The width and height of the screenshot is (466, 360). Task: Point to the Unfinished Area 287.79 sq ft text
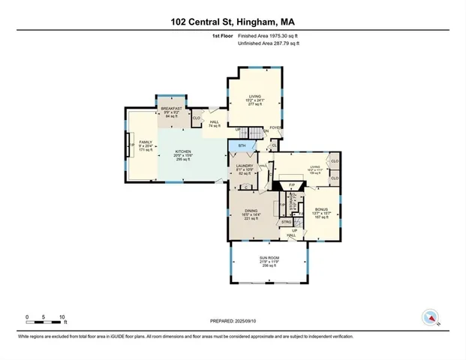click(x=269, y=44)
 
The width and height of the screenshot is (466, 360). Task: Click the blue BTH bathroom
click(x=242, y=145)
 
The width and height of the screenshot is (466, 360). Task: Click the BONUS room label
click(x=321, y=209)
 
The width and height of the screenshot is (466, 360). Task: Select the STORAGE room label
click(x=294, y=201)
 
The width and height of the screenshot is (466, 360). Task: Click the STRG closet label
click(x=286, y=222)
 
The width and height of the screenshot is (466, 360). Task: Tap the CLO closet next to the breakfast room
click(x=196, y=118)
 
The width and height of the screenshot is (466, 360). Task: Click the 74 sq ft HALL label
click(x=215, y=124)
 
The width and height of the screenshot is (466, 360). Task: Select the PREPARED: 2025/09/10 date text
click(x=233, y=319)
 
